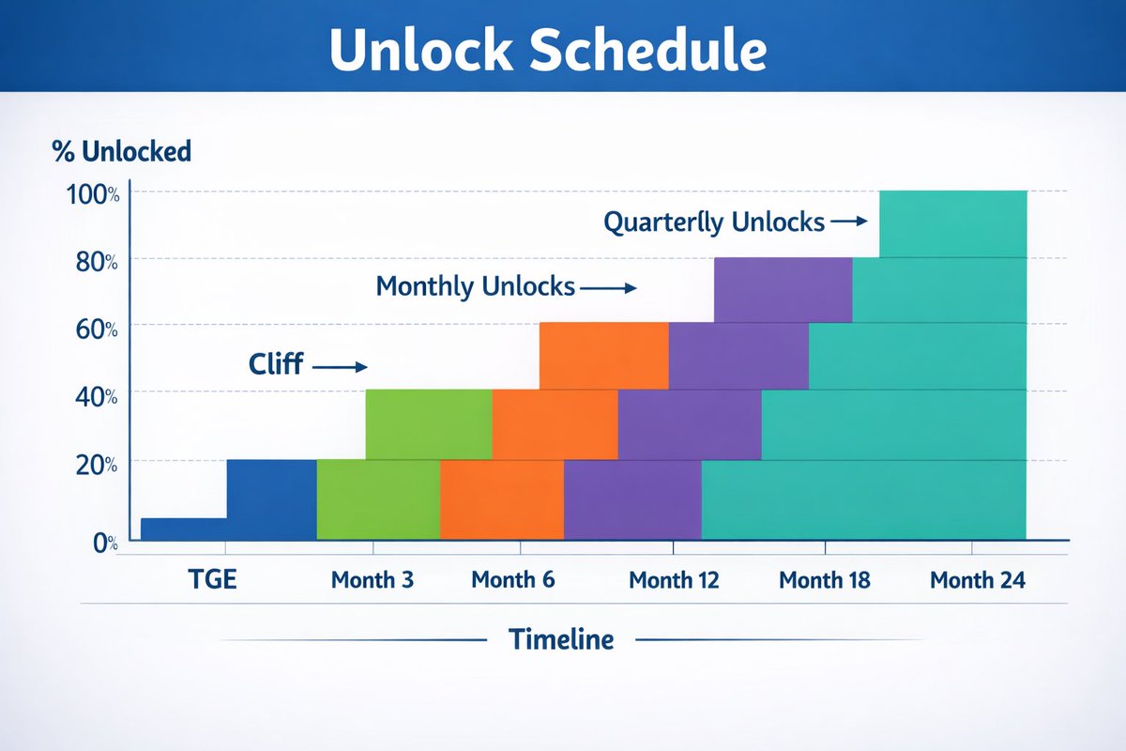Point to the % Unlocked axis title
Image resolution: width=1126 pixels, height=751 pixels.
pyautogui.click(x=122, y=151)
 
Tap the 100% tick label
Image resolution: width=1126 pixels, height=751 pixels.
pyautogui.click(x=93, y=194)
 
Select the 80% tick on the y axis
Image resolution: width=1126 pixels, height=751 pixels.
pyautogui.click(x=97, y=262)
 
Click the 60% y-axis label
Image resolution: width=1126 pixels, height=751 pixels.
pyautogui.click(x=97, y=330)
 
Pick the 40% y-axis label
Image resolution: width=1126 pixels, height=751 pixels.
pyautogui.click(x=97, y=397)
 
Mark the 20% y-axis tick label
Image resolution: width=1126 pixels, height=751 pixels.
pyautogui.click(x=97, y=466)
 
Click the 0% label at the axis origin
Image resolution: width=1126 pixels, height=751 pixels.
pyautogui.click(x=105, y=544)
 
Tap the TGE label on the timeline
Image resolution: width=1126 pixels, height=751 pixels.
pyautogui.click(x=213, y=579)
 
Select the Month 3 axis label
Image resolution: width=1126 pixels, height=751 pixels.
pyautogui.click(x=373, y=579)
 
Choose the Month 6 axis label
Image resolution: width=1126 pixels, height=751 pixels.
pyautogui.click(x=513, y=579)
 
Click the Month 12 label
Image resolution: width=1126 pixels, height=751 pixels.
pyautogui.click(x=674, y=580)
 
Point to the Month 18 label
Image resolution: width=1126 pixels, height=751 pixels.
pyautogui.click(x=825, y=580)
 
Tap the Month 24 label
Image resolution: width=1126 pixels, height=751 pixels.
pyautogui.click(x=978, y=580)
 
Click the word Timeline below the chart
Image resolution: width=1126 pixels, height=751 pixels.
pyautogui.click(x=561, y=639)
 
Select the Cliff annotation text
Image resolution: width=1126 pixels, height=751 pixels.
pyautogui.click(x=276, y=363)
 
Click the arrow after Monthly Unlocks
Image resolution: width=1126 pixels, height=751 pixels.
pyautogui.click(x=609, y=288)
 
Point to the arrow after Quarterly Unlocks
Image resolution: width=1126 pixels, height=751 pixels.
pyautogui.click(x=849, y=221)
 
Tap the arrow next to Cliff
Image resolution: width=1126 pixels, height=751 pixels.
pyautogui.click(x=340, y=367)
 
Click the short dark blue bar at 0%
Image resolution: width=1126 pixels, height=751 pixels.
pyautogui.click(x=184, y=529)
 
